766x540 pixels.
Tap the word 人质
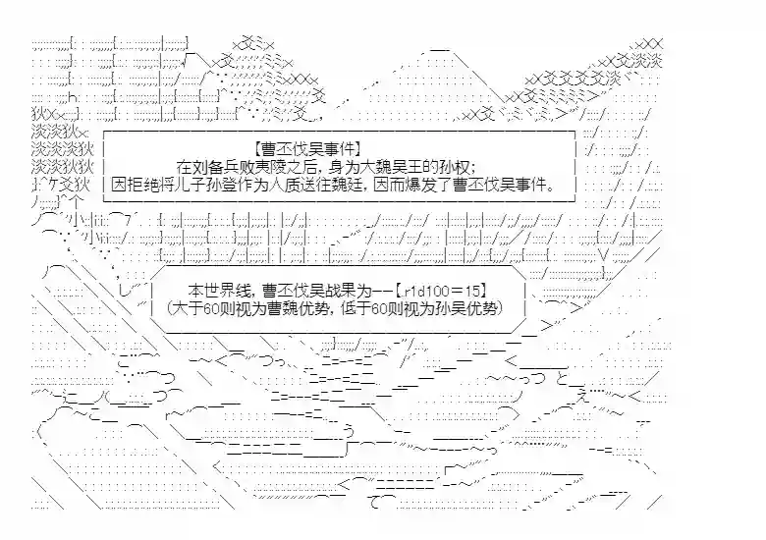click(307, 185)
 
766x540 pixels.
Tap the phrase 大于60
click(199, 308)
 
